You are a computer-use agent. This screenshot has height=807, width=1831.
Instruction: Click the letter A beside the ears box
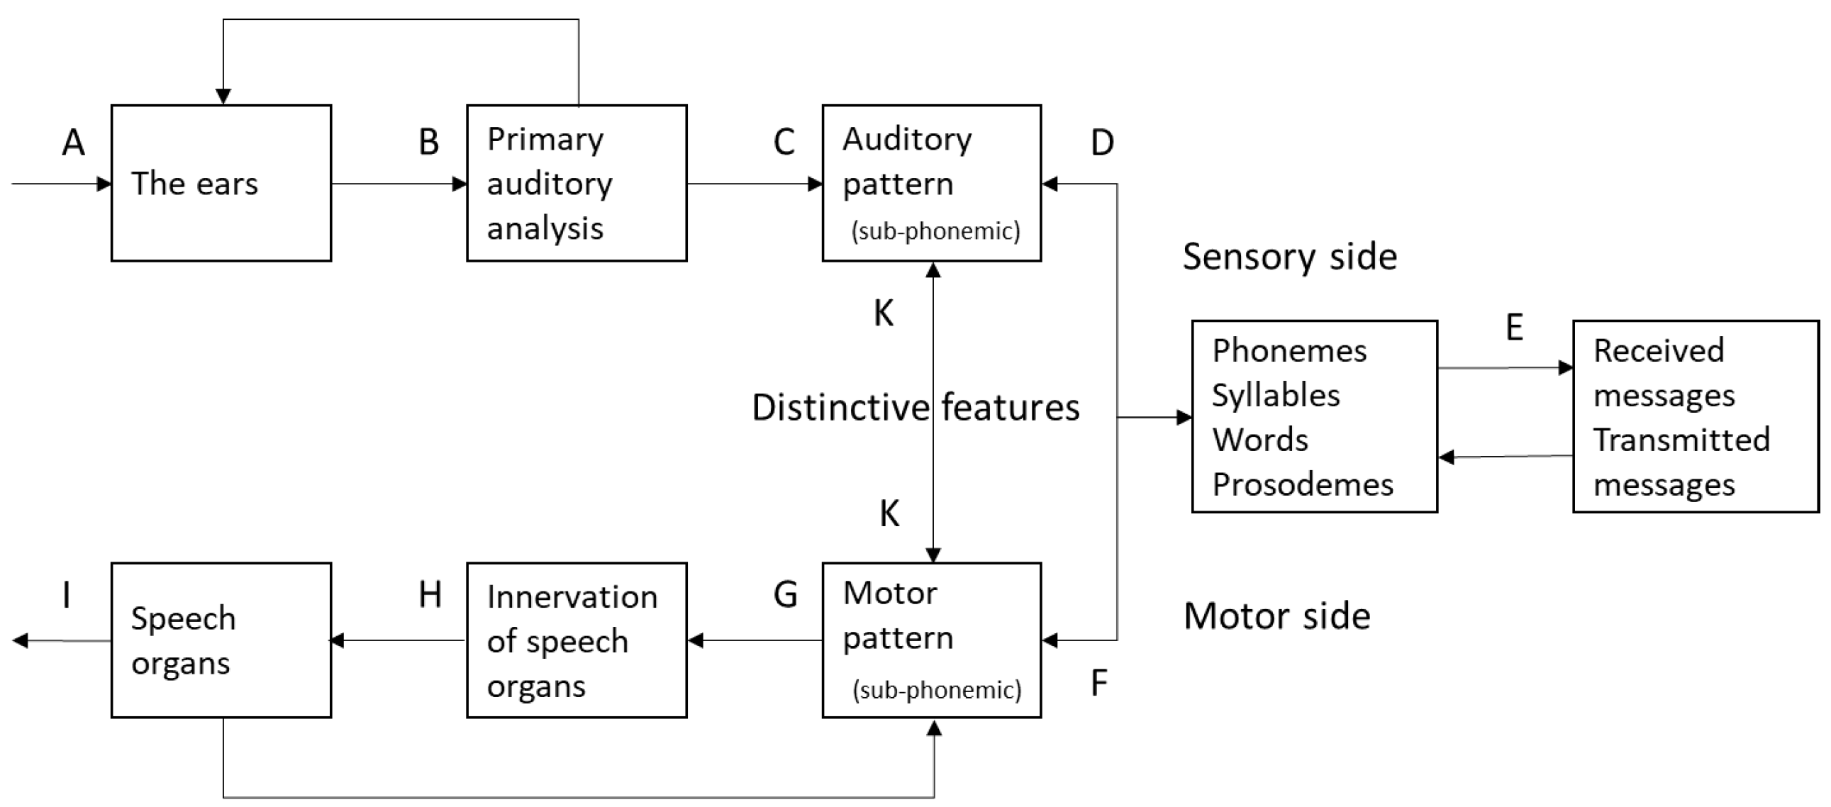coord(74,143)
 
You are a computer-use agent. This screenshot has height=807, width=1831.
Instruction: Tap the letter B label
coord(428,143)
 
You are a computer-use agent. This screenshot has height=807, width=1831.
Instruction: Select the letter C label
coord(784,143)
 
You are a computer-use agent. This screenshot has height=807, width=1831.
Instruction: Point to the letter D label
coord(1102,144)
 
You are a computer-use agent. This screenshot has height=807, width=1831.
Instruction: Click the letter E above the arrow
coord(1514,328)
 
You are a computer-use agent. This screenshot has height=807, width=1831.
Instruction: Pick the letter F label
coord(1099,684)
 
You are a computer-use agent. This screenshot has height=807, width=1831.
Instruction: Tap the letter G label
coord(786,595)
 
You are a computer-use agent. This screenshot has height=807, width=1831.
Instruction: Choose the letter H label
coord(430,595)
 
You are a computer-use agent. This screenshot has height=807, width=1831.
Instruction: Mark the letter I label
coord(67,595)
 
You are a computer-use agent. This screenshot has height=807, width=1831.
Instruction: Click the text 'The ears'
coord(194,184)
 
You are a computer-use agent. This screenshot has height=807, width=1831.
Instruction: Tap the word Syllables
coord(1275,396)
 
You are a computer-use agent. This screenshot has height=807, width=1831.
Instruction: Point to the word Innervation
coord(572,597)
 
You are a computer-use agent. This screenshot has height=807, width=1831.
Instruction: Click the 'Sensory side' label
coord(1289,257)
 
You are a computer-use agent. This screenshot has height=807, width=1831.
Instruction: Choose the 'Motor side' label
coord(1276,616)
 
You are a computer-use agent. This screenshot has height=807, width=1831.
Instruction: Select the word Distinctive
coord(840,408)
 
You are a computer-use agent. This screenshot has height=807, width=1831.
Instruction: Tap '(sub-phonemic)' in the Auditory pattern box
coord(935,231)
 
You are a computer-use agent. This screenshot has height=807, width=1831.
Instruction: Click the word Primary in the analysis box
coord(545,140)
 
